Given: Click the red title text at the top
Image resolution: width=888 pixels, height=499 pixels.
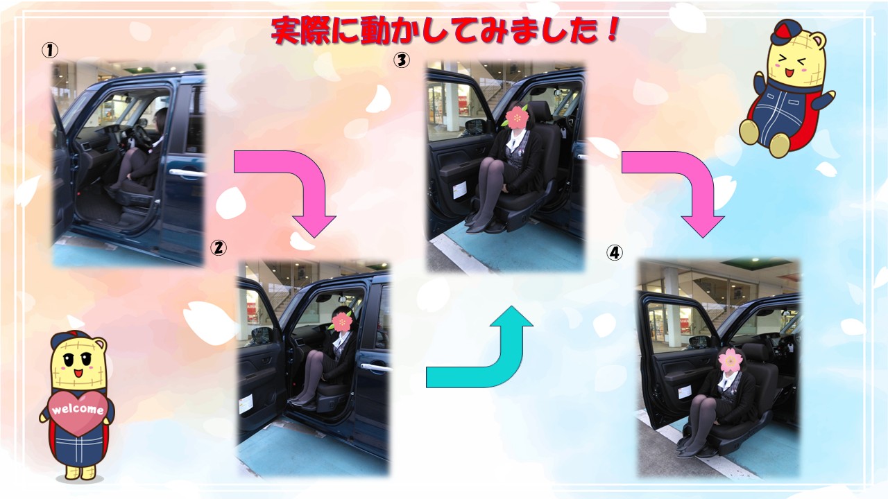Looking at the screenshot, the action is coord(445,30).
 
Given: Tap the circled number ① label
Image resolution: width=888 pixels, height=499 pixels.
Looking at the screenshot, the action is coord(50,51).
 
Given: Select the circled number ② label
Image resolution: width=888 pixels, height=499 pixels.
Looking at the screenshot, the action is coord(218,248).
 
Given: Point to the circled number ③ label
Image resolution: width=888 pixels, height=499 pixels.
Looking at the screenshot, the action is coord(401,60).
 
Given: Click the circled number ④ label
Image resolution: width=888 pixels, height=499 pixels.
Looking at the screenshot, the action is coord(614,252).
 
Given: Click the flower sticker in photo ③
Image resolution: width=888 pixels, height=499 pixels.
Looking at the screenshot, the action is coord(516,116).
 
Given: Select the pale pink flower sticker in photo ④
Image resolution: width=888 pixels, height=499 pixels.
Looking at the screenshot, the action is coord(730,360).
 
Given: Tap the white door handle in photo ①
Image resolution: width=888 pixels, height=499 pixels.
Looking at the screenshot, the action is coord(187,173).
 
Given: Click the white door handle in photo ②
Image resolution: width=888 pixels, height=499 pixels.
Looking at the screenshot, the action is coord(374,367).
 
